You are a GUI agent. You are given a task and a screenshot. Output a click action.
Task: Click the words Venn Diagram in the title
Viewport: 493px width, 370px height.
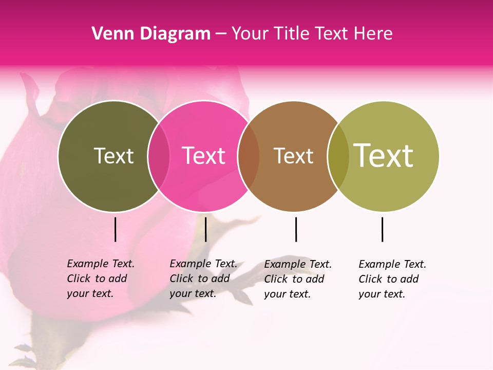[x=151, y=34]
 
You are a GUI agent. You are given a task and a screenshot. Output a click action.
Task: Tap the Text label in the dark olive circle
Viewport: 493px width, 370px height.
[x=113, y=156]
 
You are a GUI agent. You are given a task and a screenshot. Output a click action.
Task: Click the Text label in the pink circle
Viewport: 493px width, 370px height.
[x=204, y=156]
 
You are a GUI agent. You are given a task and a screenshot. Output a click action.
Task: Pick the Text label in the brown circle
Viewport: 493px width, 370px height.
[x=293, y=156]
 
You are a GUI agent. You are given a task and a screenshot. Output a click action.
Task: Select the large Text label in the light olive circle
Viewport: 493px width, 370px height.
[x=384, y=155]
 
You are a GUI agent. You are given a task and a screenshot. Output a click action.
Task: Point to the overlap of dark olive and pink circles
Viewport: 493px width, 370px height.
[x=159, y=156]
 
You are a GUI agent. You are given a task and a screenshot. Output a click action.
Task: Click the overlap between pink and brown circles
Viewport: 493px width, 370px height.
[x=249, y=156]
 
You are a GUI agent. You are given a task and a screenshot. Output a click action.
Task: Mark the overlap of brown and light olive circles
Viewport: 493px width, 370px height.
[x=338, y=156]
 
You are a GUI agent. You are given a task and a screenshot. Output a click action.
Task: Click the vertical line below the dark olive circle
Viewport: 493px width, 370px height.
[x=115, y=229]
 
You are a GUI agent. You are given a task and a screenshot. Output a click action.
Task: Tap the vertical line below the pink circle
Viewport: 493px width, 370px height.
[x=205, y=229]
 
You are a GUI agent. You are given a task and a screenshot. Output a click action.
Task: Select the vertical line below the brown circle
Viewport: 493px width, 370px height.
[x=296, y=229]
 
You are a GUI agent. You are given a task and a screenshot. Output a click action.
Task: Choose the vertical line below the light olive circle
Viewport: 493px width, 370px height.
[x=382, y=229]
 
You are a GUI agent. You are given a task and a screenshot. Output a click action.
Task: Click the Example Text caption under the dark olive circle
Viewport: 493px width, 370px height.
[x=100, y=279]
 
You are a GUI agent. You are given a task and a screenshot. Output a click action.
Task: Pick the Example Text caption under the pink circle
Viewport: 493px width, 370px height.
[x=203, y=279]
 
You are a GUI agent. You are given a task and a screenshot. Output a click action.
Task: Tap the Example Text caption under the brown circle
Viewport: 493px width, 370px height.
[x=297, y=279]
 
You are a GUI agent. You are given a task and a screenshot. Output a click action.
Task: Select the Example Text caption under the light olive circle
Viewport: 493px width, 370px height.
[x=392, y=279]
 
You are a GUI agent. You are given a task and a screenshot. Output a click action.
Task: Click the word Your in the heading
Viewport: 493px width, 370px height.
[x=250, y=34]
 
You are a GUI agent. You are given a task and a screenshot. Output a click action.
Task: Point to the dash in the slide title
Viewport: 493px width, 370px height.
[x=221, y=34]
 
